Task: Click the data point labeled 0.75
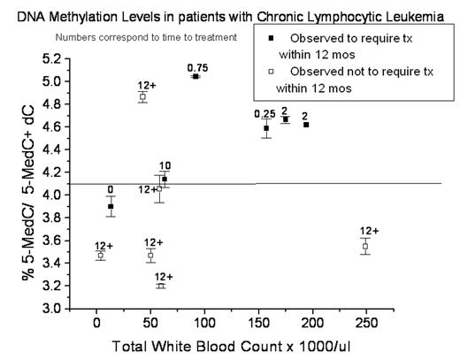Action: [195, 77]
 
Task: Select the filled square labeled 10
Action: [165, 179]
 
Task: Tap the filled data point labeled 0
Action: [111, 206]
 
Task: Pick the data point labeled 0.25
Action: [265, 128]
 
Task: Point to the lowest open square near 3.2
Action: [161, 286]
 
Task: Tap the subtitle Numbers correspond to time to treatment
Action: [146, 37]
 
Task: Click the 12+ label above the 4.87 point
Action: [147, 85]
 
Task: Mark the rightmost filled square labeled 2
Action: [306, 125]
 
